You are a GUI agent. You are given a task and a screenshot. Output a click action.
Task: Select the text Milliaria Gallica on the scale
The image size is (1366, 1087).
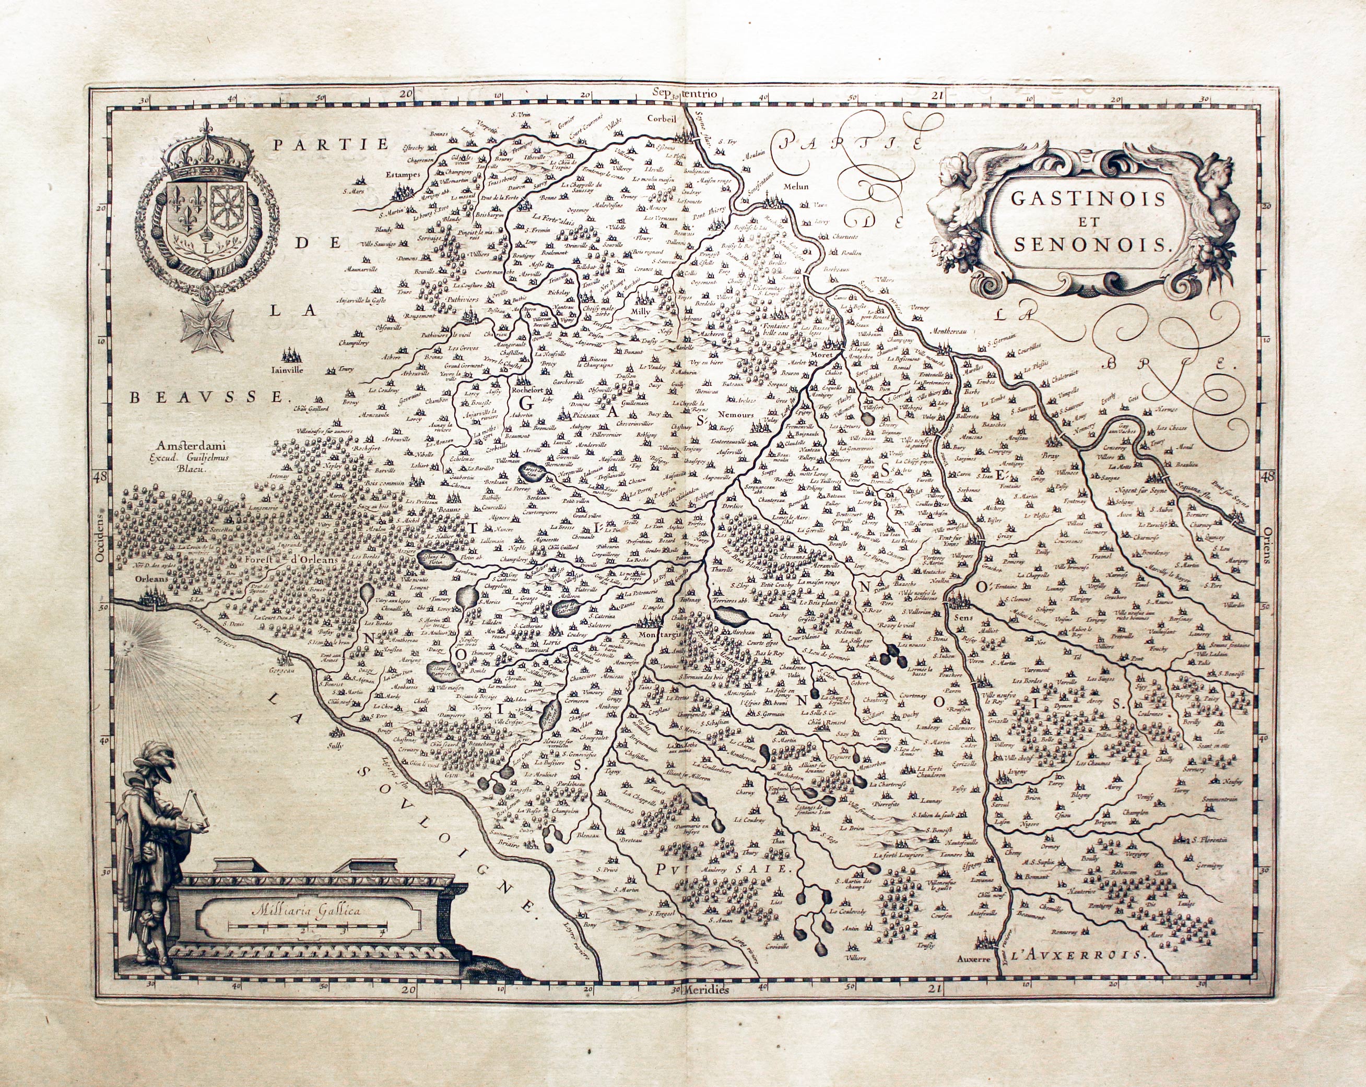pyautogui.click(x=305, y=911)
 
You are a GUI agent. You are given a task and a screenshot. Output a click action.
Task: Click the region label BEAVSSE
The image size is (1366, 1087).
pyautogui.click(x=205, y=398)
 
